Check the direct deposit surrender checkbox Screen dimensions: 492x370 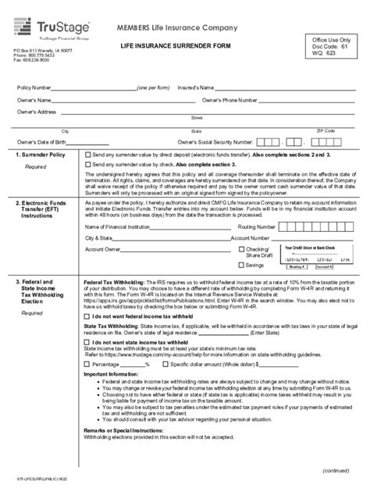[x=87, y=155]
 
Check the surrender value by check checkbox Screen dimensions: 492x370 [x=87, y=165]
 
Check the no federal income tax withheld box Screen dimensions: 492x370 [x=87, y=337]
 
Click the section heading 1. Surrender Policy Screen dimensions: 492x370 [x=34, y=155]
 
